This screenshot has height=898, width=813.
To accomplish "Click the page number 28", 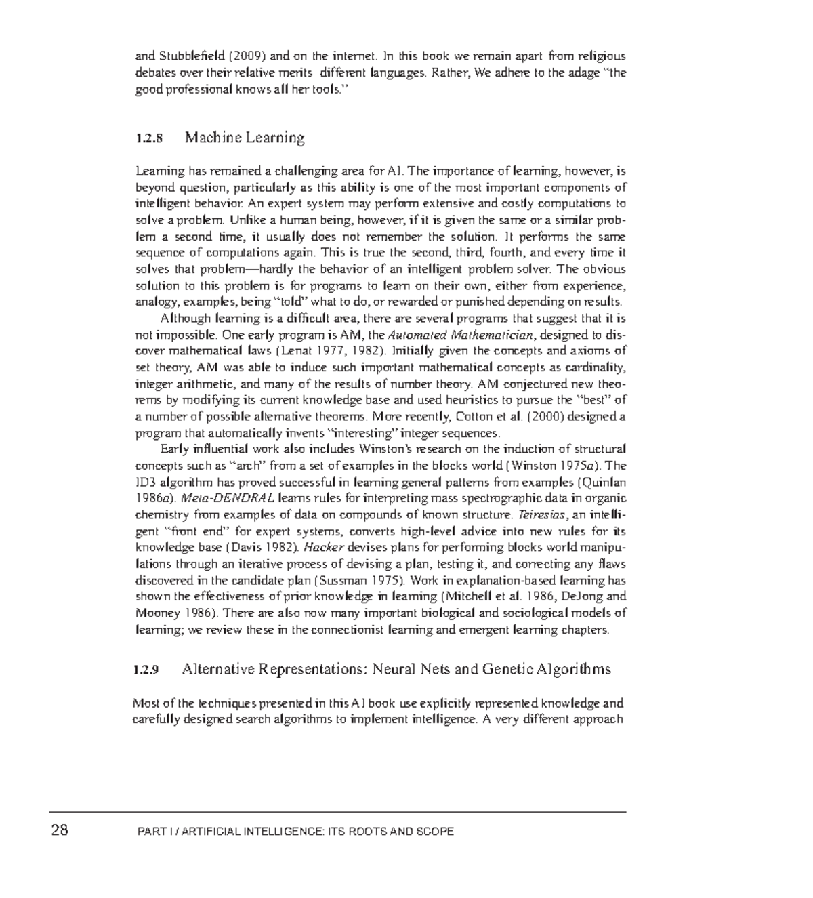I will (60, 830).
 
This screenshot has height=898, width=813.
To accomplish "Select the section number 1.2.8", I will (149, 138).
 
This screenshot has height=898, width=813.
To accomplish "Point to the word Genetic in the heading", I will (507, 669).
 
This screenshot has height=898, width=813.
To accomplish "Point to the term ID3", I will (146, 482).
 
